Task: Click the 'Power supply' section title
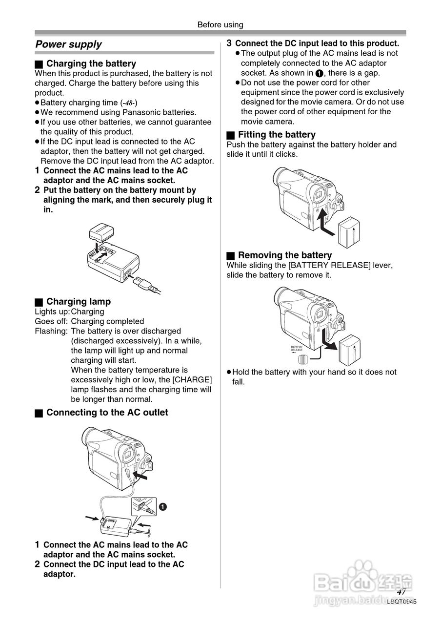tap(68, 44)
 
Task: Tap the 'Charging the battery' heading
tap(91, 63)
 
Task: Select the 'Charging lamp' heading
tap(78, 302)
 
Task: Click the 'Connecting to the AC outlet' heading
tap(107, 413)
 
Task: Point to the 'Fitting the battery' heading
tap(276, 135)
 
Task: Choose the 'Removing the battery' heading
tap(284, 255)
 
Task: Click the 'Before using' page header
tap(220, 25)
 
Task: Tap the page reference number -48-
tap(129, 103)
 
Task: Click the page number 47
tap(401, 591)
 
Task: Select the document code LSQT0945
tap(402, 602)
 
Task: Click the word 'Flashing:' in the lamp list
tap(51, 331)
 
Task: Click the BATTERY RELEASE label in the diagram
tap(297, 349)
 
